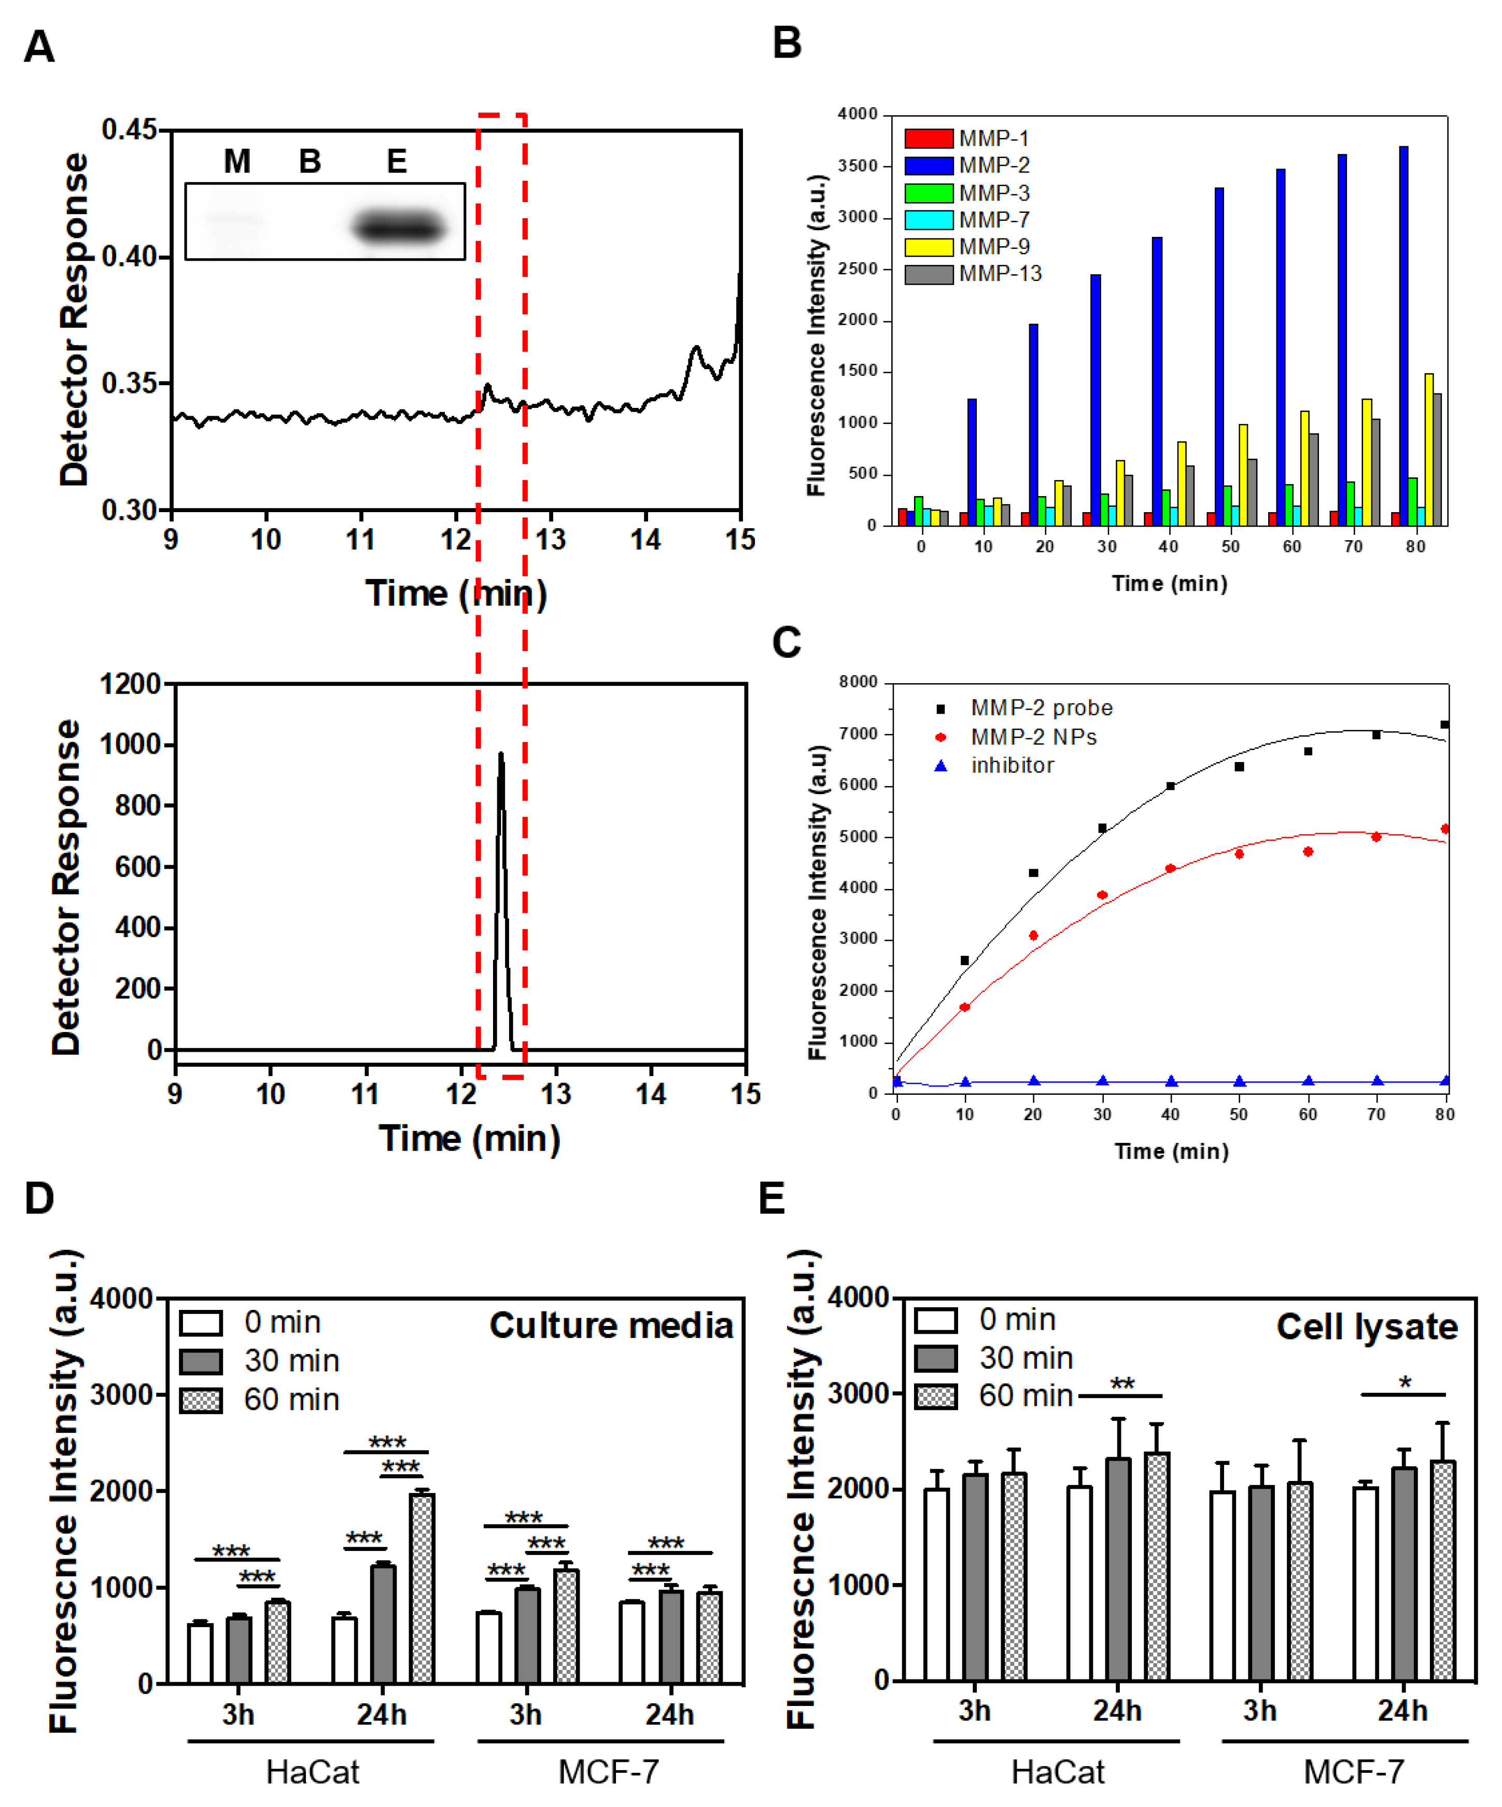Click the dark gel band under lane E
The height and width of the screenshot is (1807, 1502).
[399, 228]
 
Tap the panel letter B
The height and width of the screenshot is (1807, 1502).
[787, 43]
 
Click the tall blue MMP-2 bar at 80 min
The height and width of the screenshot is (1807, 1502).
[1404, 335]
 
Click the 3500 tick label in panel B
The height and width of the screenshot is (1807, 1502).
[858, 166]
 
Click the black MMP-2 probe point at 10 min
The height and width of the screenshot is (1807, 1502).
[965, 961]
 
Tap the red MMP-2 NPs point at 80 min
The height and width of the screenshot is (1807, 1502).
[1445, 829]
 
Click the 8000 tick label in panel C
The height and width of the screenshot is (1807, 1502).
[858, 682]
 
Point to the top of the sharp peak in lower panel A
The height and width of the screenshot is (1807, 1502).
[500, 755]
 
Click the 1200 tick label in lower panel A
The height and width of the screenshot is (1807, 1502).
[130, 684]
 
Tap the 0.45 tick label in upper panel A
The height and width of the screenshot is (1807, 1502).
[129, 130]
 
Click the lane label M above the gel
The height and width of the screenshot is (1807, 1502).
[237, 161]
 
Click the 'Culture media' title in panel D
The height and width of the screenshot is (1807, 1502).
[611, 1325]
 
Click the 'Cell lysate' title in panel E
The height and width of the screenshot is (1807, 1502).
[1367, 1327]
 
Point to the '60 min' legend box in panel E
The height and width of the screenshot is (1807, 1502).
[936, 1396]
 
